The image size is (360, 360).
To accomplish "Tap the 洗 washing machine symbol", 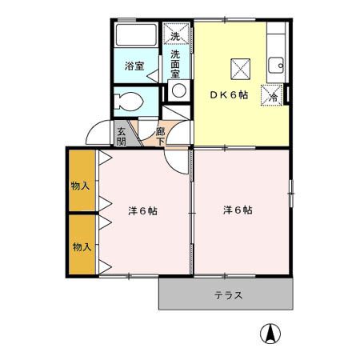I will [x=176, y=34].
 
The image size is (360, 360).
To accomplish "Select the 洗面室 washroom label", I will [x=176, y=64].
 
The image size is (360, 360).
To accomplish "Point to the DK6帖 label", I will [x=230, y=94].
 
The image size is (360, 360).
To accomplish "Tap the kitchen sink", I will [x=276, y=65].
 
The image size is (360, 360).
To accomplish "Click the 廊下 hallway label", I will [x=161, y=136].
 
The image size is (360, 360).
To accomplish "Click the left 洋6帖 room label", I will [x=142, y=211].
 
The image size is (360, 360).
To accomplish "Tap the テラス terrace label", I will [x=228, y=294].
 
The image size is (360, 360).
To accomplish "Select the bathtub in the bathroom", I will [x=138, y=36].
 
